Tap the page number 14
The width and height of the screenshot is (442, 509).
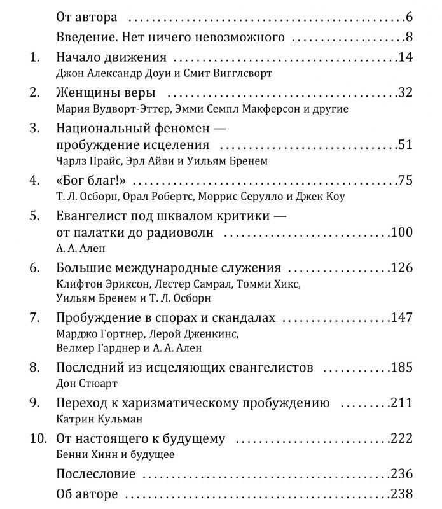pyautogui.click(x=405, y=58)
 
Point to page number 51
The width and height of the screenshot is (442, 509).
pyautogui.click(x=405, y=144)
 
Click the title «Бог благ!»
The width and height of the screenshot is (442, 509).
pyautogui.click(x=89, y=180)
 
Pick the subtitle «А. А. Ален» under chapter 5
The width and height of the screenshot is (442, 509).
pyautogui.click(x=79, y=248)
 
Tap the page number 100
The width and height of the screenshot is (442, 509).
pyautogui.click(x=402, y=232)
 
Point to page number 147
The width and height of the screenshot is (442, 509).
pyautogui.click(x=402, y=317)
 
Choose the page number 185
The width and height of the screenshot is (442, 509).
pyautogui.click(x=402, y=368)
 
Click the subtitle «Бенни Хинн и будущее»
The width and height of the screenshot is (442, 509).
pyautogui.click(x=115, y=454)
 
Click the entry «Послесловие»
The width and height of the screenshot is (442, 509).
pyautogui.click(x=96, y=474)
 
